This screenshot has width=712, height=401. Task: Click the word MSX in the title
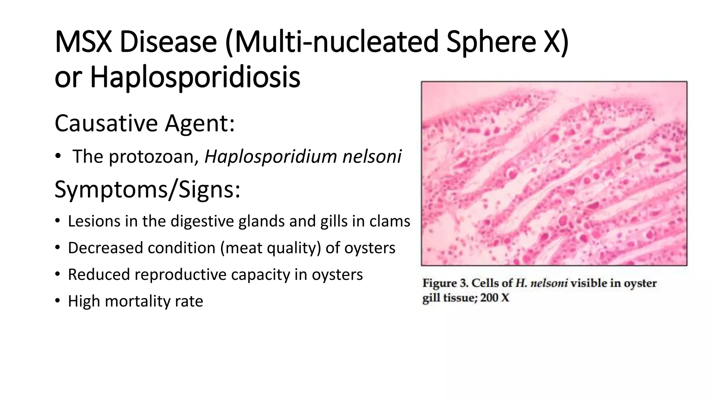[83, 42]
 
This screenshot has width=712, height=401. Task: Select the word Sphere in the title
[491, 42]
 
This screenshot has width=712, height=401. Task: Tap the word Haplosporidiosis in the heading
[195, 77]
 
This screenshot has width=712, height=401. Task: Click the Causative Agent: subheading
[145, 124]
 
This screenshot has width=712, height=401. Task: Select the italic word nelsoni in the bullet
[372, 156]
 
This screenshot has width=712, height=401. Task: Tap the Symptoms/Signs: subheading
[147, 190]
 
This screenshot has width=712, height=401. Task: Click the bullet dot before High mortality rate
[57, 301]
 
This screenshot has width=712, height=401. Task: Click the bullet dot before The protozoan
[57, 156]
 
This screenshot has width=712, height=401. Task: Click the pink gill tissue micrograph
[554, 173]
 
